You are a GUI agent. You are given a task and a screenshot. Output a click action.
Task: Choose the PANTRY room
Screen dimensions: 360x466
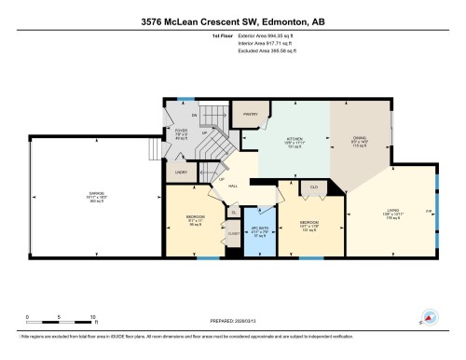pos(250,115)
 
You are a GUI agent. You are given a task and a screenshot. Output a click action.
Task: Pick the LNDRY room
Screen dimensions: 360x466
pos(179,173)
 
